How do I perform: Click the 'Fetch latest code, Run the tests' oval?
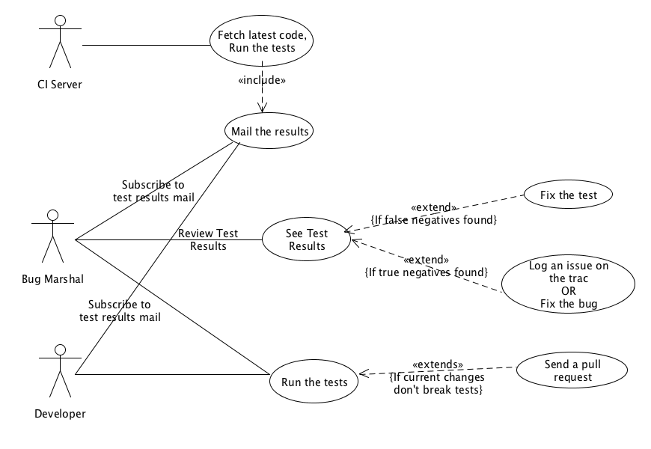coord(262,42)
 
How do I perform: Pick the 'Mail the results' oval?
coord(267,131)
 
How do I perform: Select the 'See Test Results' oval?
coord(306,239)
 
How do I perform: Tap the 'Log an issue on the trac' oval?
coord(568,284)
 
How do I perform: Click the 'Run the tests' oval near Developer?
coord(314,382)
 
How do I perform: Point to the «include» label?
coord(262,79)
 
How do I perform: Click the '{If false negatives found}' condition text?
coord(434,219)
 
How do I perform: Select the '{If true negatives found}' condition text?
coord(426,271)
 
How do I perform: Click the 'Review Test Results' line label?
coord(208,239)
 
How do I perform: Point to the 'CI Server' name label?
coord(59,84)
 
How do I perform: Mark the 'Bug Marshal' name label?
coord(52,279)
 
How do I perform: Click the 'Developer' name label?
coord(60,413)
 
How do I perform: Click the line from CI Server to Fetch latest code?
coord(146,45)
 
